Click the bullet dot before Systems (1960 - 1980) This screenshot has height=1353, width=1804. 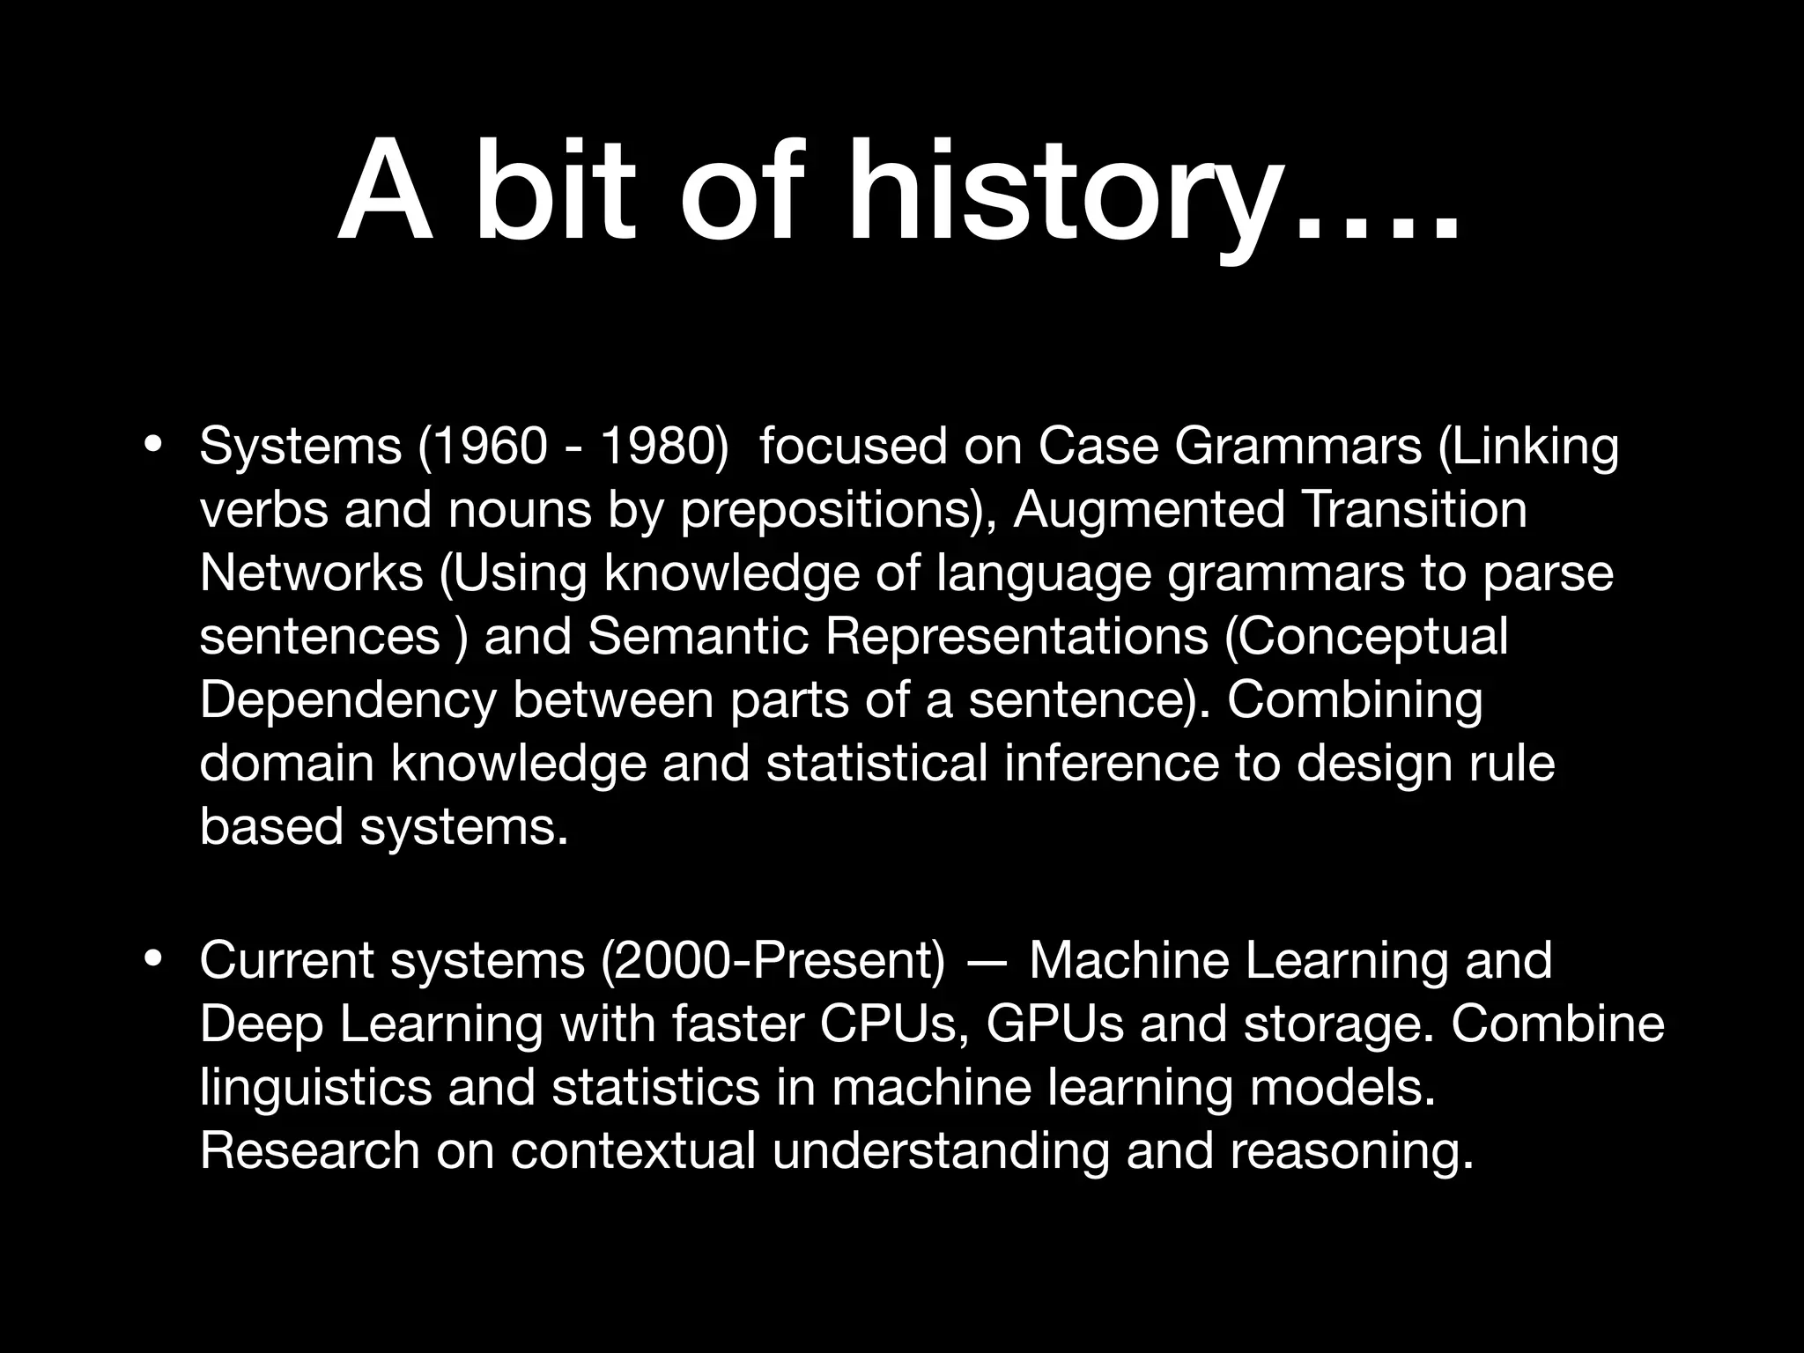153,444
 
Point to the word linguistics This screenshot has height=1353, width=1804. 316,1089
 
